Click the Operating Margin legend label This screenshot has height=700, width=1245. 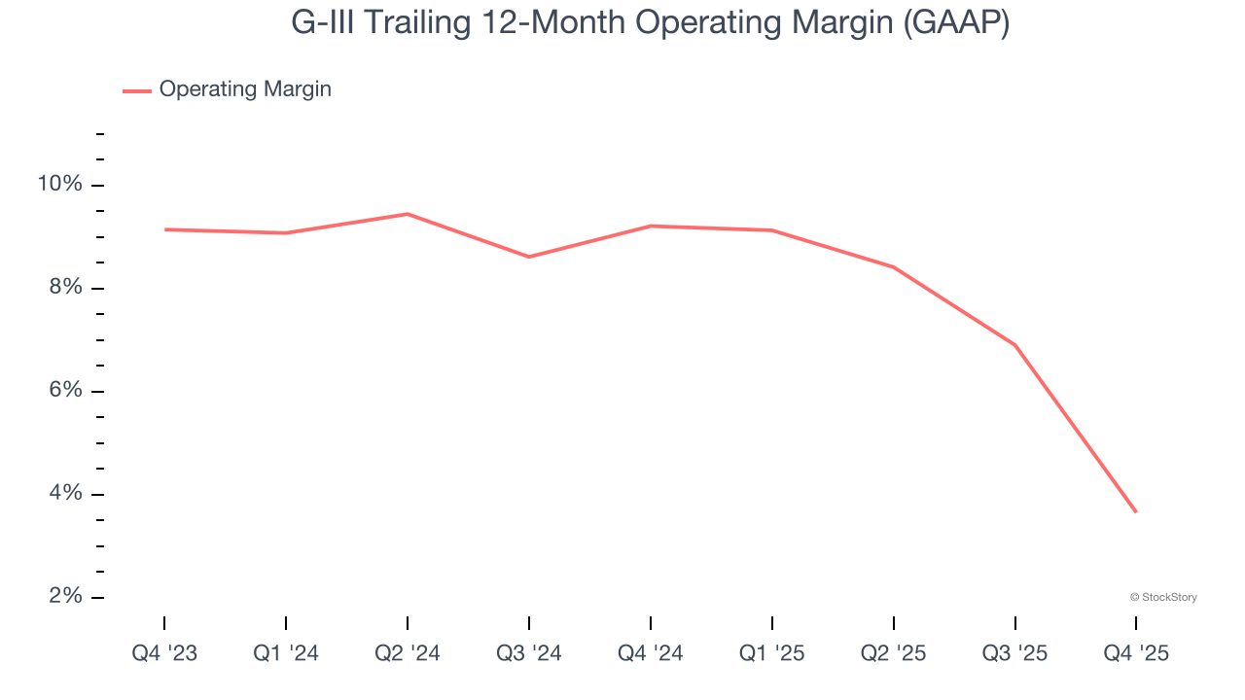coord(245,89)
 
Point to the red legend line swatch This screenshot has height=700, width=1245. coord(137,90)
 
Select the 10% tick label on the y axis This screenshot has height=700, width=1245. coord(59,185)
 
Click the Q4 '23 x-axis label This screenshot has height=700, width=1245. coord(164,653)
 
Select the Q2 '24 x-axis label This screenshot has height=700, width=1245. coord(408,653)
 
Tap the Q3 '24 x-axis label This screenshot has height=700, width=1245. coord(529,653)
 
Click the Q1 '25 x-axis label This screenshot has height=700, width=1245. coord(772,653)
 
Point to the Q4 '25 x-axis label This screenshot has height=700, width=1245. coord(1136,653)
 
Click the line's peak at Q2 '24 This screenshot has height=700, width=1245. coord(408,214)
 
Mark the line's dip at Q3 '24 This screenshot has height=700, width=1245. coord(529,257)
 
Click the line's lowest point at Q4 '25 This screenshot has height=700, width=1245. coord(1135,511)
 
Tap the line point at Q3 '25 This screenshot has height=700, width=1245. coord(1014,344)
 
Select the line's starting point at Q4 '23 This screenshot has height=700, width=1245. coord(165,229)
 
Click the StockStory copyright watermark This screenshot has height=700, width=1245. coord(1163,597)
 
